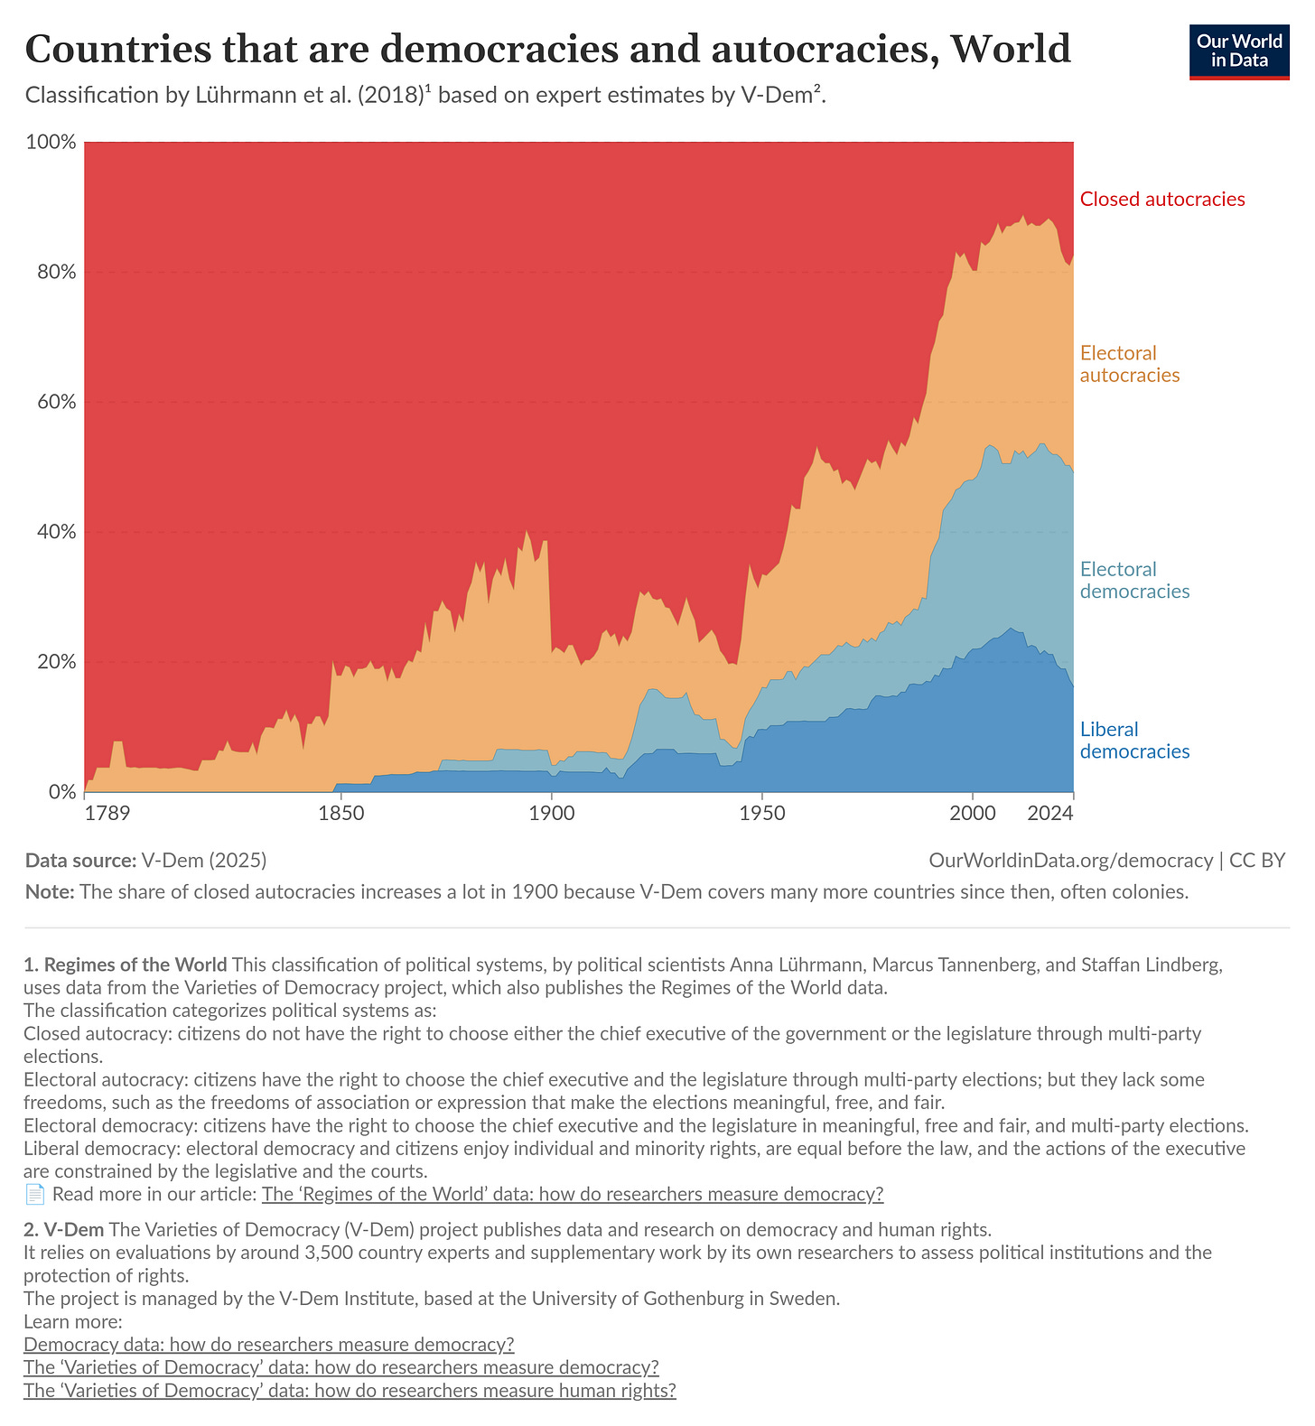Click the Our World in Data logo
coord(1238,51)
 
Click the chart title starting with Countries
coord(547,49)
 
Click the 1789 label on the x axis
coord(107,813)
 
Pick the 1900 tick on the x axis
coord(551,813)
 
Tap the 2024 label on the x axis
coord(1049,813)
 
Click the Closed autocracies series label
coord(1161,200)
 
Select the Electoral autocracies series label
coord(1129,364)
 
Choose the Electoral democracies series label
coord(1134,580)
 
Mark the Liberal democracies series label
coord(1134,741)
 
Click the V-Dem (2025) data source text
coord(203,860)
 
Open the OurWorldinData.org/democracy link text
coord(1070,860)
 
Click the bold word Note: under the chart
coord(50,891)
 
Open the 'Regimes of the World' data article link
coord(572,1194)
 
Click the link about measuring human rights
coord(350,1390)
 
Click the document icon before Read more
coord(34,1194)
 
